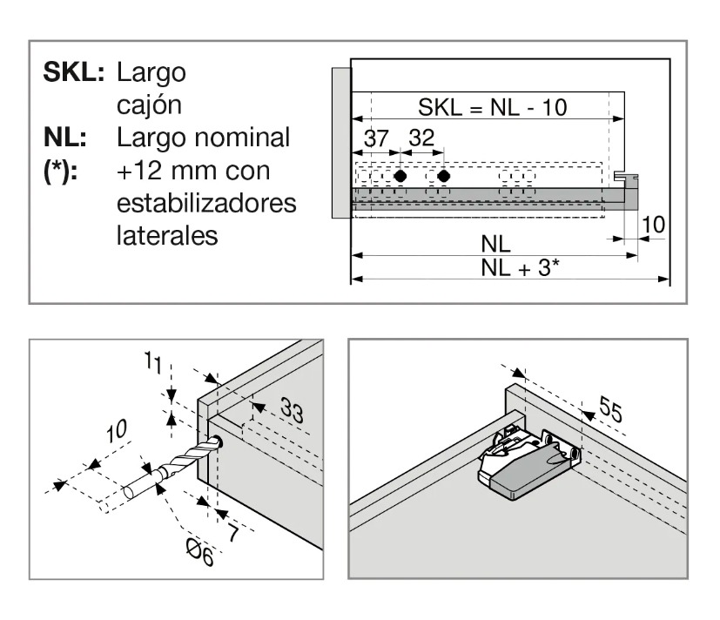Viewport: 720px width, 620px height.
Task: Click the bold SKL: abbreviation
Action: [x=73, y=71]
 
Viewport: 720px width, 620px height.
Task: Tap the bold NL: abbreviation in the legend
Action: [x=64, y=138]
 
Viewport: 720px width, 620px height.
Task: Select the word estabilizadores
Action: [x=206, y=203]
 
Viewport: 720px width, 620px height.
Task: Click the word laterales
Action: [x=167, y=236]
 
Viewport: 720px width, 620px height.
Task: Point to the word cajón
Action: [x=149, y=106]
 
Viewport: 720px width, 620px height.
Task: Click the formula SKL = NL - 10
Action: [x=492, y=107]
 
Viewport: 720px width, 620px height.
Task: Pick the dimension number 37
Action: [x=376, y=138]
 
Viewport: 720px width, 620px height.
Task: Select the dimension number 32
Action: [x=421, y=138]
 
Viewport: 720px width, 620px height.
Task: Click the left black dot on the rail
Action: [x=400, y=176]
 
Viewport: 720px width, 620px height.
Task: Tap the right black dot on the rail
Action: [x=443, y=176]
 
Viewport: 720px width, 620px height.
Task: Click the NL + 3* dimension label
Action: [x=521, y=267]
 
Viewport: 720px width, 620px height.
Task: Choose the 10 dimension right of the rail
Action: [x=653, y=225]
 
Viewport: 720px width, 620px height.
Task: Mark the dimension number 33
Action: [x=292, y=410]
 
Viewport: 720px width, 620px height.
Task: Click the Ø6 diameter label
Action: [x=200, y=551]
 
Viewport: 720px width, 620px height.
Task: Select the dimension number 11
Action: [x=153, y=362]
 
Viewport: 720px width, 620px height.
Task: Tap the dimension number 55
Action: [x=610, y=408]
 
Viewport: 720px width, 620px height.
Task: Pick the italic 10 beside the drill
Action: [x=116, y=431]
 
